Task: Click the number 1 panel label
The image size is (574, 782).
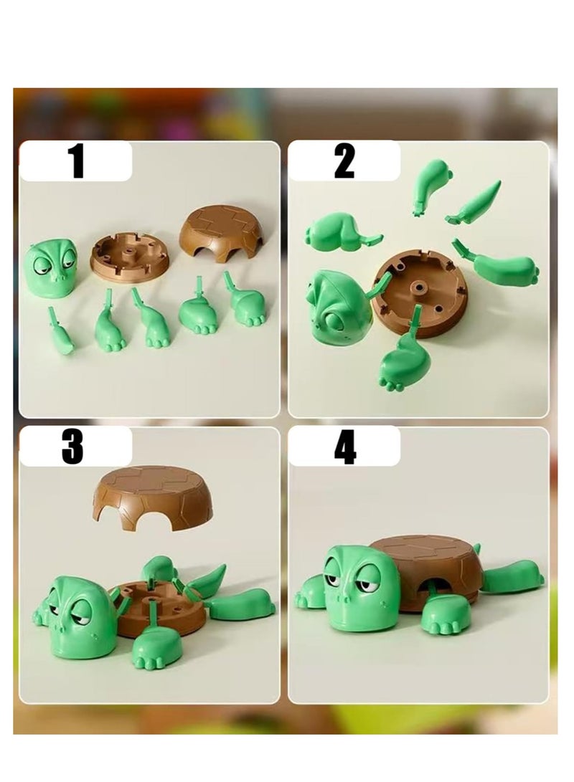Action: click(77, 161)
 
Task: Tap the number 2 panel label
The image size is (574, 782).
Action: click(344, 161)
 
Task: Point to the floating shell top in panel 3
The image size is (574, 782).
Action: click(153, 496)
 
